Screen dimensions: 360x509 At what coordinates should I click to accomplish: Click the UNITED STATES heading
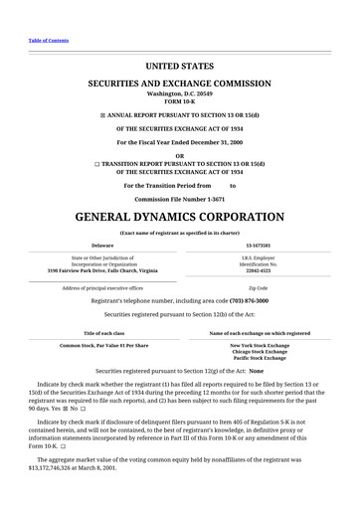click(179, 66)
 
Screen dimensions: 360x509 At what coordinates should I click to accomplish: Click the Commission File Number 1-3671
click(179, 198)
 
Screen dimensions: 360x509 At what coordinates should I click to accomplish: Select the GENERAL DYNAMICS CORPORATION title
click(179, 217)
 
